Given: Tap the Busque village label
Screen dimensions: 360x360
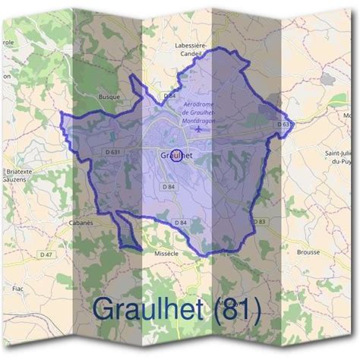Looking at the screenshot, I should [x=111, y=97].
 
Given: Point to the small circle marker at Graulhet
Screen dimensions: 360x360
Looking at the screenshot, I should [x=177, y=156].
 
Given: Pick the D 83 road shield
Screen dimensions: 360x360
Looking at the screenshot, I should [x=261, y=221].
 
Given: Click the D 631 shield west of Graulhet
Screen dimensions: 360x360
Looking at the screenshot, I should [x=109, y=151].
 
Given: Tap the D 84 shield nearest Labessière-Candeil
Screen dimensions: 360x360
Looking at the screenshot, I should [x=170, y=96].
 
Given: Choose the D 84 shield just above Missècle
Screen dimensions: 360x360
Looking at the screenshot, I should [x=179, y=222].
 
